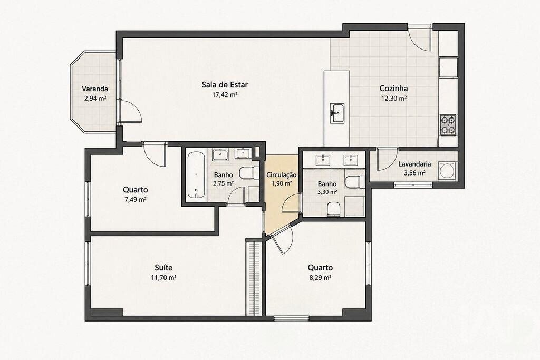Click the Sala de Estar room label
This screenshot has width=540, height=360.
click(x=225, y=85)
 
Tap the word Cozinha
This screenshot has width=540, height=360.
click(x=393, y=89)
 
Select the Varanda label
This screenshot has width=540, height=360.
click(x=95, y=89)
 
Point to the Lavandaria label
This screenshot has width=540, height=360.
click(x=414, y=164)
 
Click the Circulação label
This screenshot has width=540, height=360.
click(x=282, y=175)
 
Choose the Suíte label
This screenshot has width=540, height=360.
click(x=163, y=267)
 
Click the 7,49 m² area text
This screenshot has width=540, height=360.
click(x=136, y=199)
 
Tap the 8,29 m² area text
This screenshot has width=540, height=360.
click(x=320, y=277)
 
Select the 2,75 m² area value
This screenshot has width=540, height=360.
click(x=223, y=183)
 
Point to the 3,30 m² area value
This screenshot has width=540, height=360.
click(x=327, y=192)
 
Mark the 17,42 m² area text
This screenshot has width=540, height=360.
click(x=225, y=95)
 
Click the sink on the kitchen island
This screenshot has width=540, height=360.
click(x=337, y=113)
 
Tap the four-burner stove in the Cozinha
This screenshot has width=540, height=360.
click(x=448, y=125)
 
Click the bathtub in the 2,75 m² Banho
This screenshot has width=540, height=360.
click(x=196, y=175)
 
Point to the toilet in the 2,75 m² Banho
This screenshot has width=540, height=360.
click(x=249, y=173)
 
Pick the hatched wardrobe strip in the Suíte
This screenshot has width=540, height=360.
click(x=254, y=277)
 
